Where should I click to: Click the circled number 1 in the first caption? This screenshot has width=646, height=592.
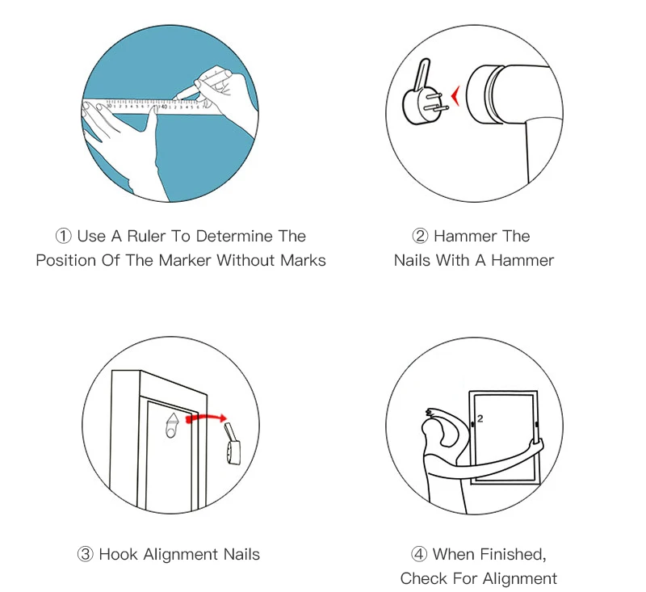click(64, 236)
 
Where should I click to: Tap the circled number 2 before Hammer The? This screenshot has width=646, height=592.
click(420, 236)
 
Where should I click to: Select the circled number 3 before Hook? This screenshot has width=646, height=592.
click(86, 554)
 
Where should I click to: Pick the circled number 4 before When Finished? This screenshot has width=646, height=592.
click(419, 554)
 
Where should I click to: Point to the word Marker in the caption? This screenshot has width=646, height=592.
click(185, 260)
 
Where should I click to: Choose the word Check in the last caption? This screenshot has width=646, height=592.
click(423, 578)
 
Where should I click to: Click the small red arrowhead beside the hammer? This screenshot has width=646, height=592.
click(455, 95)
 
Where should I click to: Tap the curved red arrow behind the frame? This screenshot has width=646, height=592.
click(206, 418)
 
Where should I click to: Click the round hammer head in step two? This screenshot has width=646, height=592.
click(486, 94)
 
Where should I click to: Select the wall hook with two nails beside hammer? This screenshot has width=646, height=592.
click(423, 98)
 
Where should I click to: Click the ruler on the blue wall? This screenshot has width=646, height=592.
click(149, 107)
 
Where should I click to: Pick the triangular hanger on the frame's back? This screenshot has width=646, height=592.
click(173, 425)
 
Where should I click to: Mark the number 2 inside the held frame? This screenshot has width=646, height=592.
click(480, 418)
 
